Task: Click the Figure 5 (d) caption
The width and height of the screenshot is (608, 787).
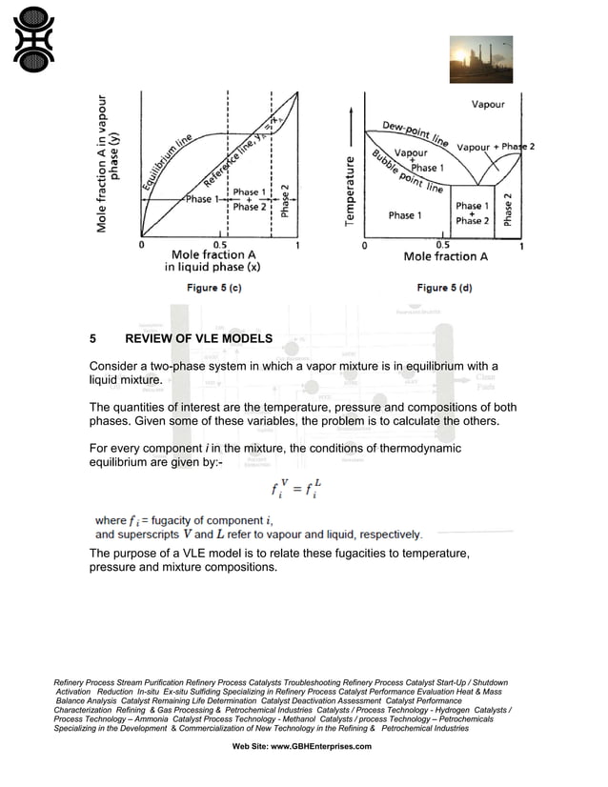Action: (444, 288)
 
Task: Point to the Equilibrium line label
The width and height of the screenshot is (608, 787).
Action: (168, 163)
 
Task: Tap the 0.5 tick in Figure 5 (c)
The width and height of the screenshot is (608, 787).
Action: (220, 244)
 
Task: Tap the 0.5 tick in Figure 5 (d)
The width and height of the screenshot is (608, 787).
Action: (443, 244)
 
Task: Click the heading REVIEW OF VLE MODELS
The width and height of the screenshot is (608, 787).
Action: (199, 339)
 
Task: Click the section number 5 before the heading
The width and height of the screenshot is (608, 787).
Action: (92, 339)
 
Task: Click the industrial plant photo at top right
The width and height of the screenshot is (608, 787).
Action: (480, 59)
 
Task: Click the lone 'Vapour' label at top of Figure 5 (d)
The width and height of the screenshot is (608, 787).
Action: (488, 104)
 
